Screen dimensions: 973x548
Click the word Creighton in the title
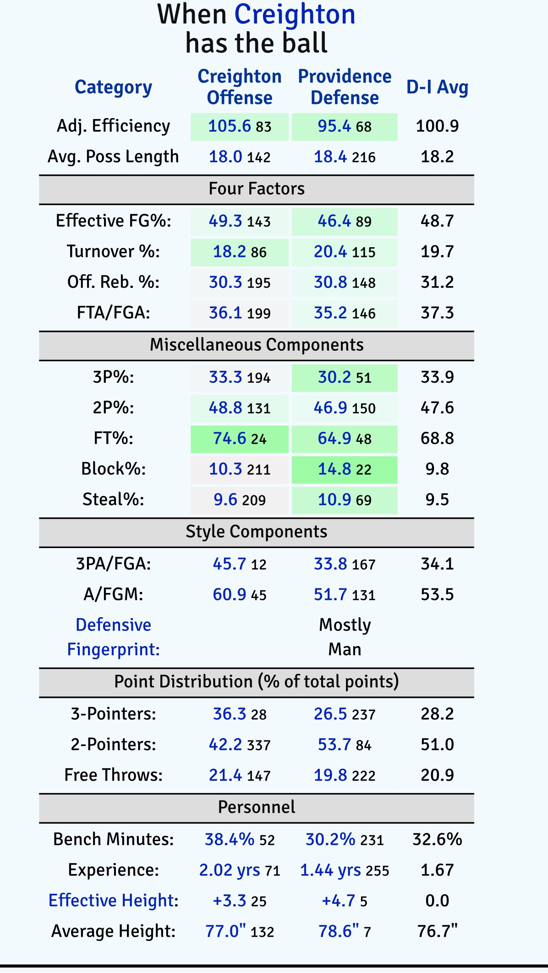[295, 15]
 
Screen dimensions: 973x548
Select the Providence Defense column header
[345, 87]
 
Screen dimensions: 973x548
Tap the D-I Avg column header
[437, 87]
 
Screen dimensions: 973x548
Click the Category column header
[113, 87]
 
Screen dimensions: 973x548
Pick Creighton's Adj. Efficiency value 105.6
[229, 126]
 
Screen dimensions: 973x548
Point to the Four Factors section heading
[257, 189]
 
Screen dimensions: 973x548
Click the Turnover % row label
[113, 251]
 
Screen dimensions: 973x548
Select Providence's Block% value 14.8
[334, 469]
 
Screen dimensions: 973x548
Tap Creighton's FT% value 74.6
[230, 438]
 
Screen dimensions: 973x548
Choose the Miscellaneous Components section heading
[257, 345]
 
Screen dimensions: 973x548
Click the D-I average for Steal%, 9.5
[437, 500]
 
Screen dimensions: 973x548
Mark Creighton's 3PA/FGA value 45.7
[230, 564]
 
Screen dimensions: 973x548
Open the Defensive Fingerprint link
[113, 637]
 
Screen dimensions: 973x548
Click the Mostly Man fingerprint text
[345, 637]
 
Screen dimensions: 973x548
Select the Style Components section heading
[257, 532]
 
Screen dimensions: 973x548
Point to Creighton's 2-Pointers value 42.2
[225, 745]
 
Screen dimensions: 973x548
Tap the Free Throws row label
[113, 775]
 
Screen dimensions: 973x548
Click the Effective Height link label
[113, 900]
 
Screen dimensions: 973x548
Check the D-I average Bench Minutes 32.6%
[437, 839]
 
